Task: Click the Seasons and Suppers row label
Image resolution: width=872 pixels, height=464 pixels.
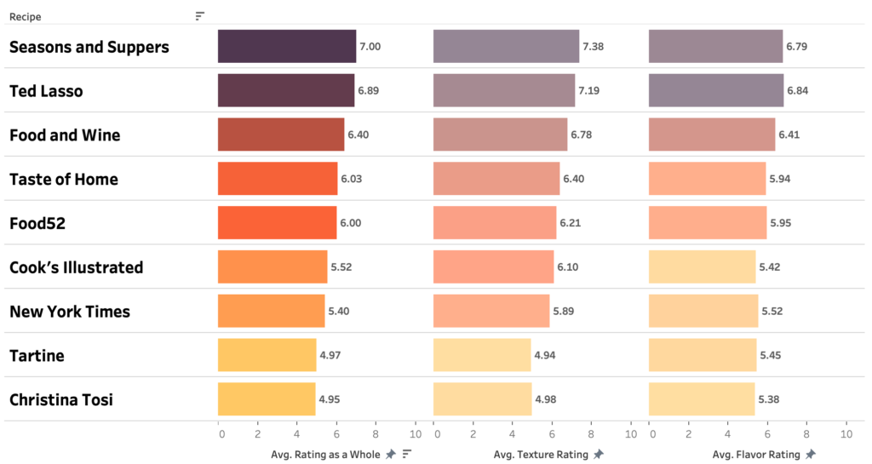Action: (89, 47)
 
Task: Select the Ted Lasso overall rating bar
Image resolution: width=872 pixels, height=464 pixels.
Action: (286, 90)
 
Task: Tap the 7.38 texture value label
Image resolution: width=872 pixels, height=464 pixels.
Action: (593, 46)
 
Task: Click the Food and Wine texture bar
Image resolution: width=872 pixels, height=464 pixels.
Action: (500, 135)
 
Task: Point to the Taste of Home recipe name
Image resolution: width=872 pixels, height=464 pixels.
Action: (64, 179)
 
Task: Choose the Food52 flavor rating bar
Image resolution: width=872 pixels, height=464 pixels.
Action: (707, 223)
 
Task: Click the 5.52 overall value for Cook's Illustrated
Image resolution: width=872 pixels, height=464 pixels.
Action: (341, 267)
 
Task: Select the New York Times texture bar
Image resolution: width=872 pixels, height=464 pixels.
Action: (491, 311)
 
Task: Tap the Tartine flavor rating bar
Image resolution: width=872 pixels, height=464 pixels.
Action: (703, 355)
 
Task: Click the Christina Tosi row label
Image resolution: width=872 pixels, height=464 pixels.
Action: (61, 399)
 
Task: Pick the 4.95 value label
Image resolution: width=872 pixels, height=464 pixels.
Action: (330, 399)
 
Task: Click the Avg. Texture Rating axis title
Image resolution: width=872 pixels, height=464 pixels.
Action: (541, 455)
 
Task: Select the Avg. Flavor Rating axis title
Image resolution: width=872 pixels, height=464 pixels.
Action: (756, 455)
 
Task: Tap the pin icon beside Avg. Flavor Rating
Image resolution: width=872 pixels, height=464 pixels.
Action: (811, 455)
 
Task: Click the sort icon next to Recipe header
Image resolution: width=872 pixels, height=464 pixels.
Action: (199, 16)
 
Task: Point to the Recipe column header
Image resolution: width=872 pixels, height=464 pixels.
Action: (26, 16)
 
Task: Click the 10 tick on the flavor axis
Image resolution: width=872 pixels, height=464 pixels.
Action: (846, 434)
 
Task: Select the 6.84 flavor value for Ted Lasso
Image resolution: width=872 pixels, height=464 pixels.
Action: (797, 90)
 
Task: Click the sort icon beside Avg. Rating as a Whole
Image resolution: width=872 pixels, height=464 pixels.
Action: (407, 454)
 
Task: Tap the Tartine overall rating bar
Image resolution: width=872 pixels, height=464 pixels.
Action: (267, 355)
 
